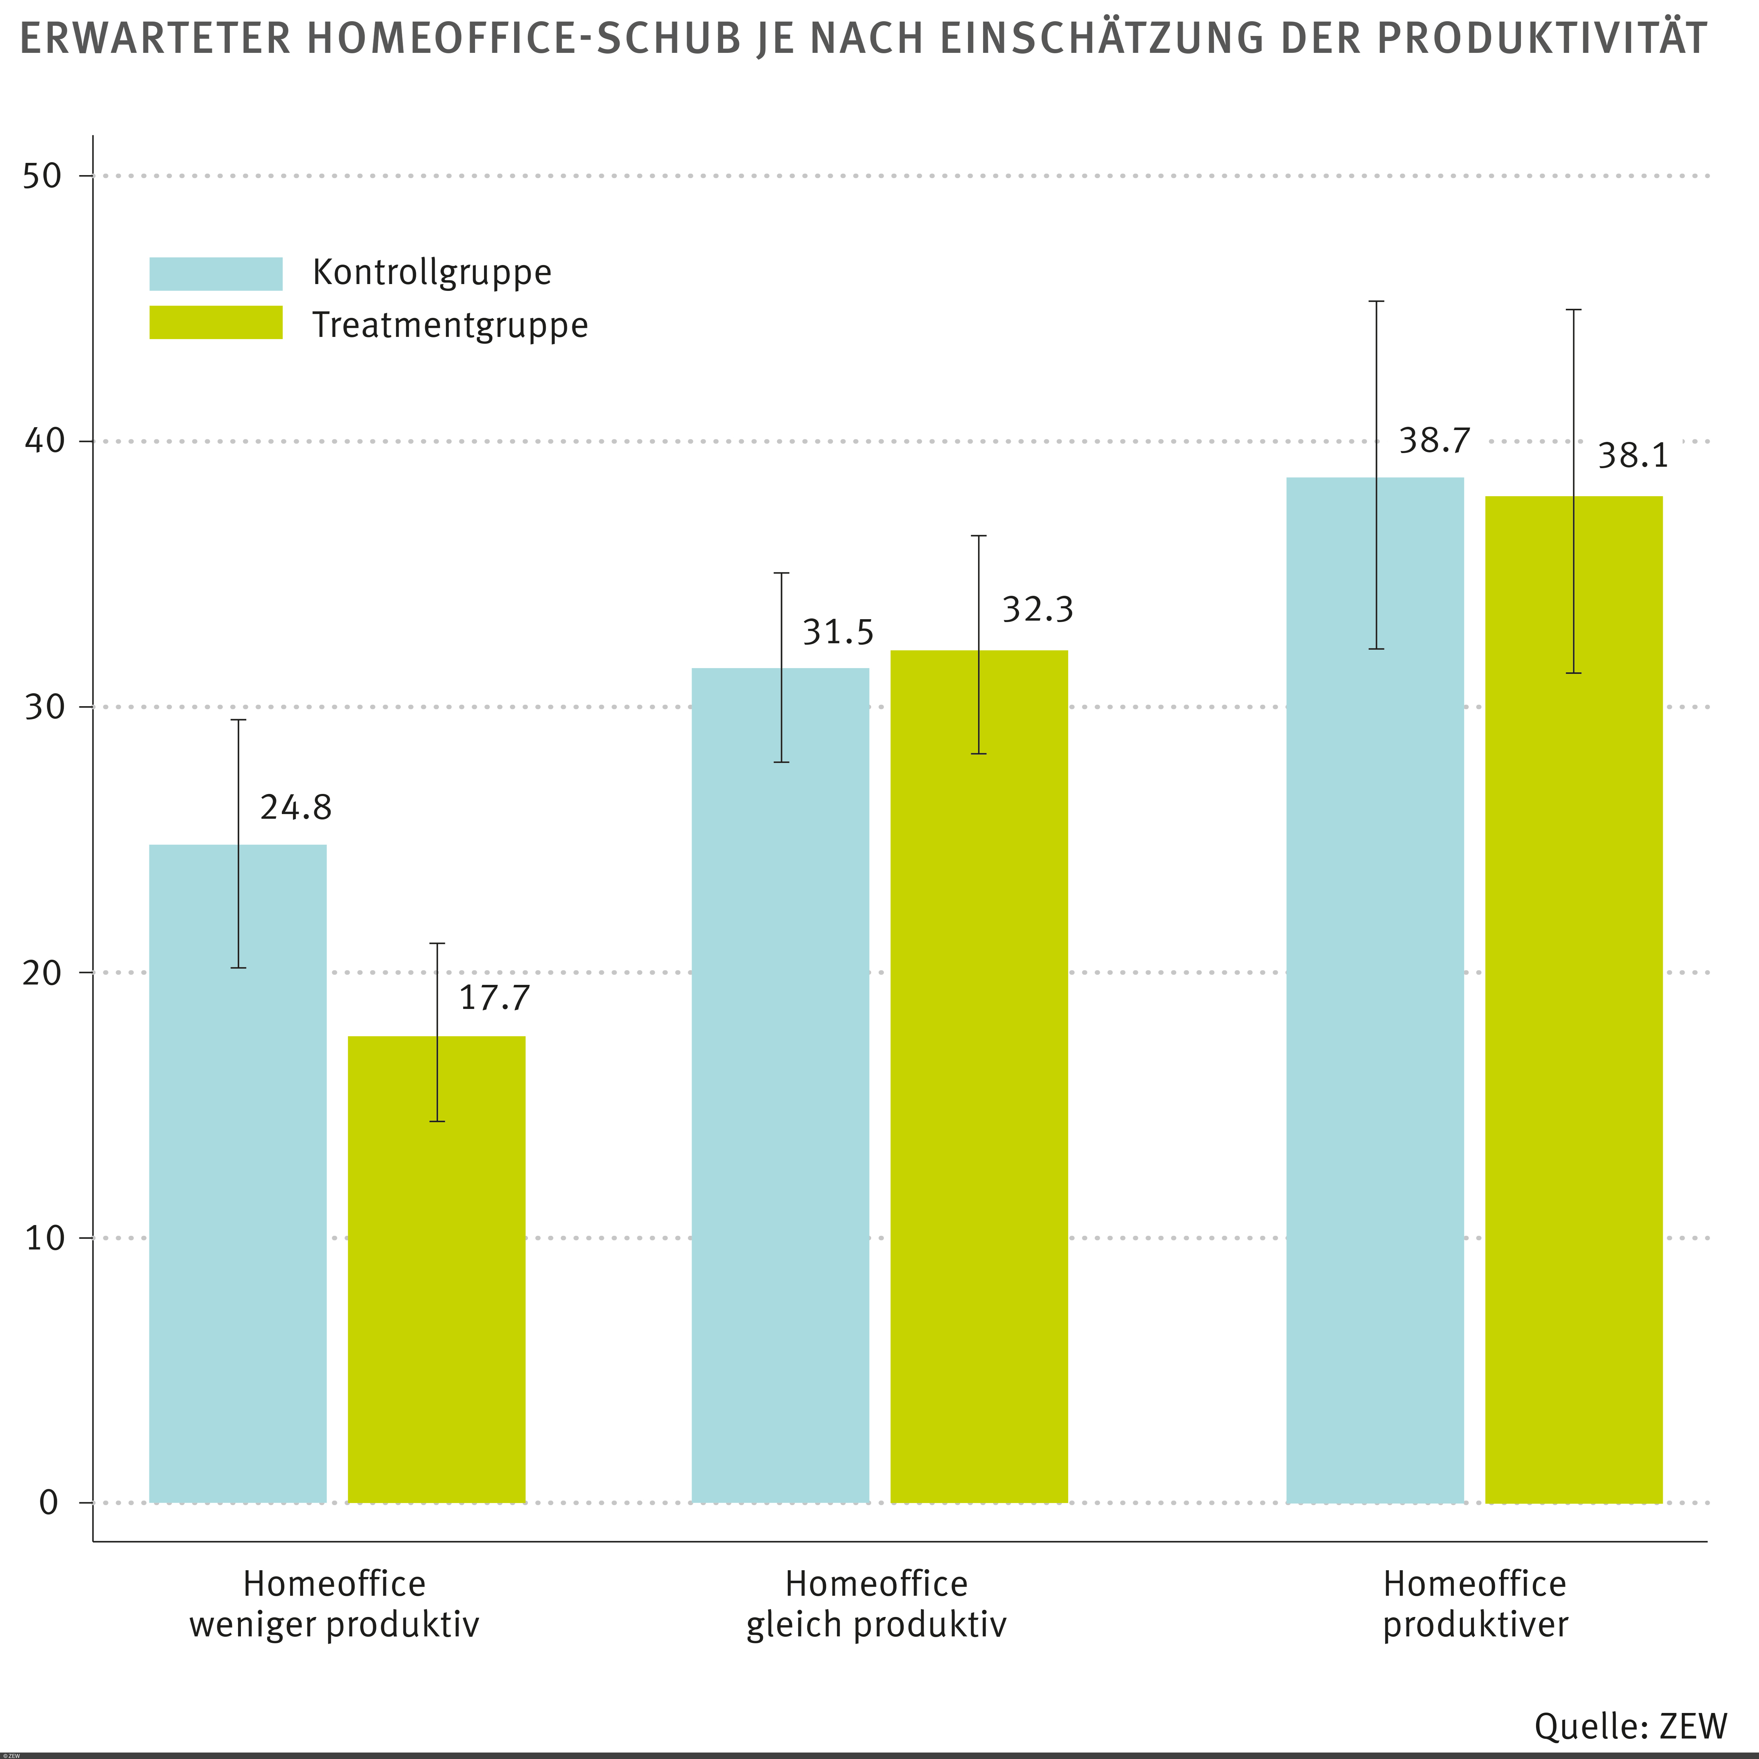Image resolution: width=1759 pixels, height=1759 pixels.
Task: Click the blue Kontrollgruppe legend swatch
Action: pos(216,273)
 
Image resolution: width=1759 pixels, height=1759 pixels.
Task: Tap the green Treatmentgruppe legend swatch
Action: pos(216,322)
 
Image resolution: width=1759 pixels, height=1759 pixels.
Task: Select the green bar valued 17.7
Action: pos(437,1275)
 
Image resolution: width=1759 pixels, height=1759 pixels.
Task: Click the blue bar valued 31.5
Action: pos(780,1093)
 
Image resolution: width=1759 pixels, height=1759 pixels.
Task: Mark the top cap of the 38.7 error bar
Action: pos(1377,301)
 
